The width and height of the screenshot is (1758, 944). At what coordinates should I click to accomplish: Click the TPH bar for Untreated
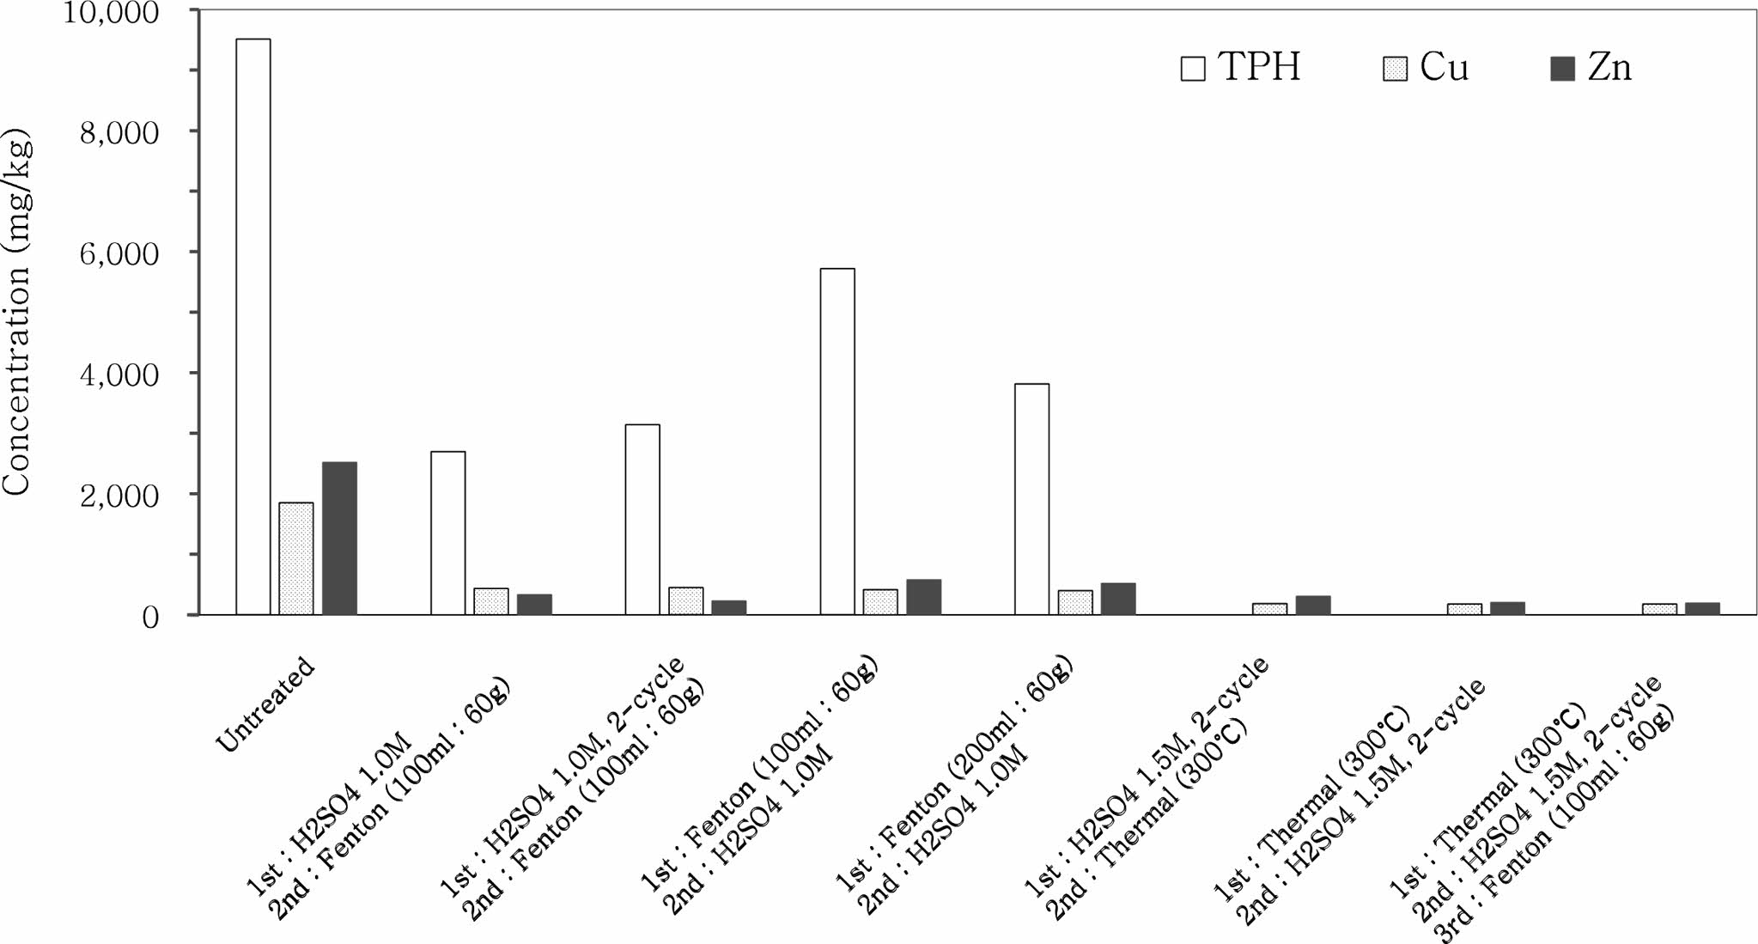click(252, 326)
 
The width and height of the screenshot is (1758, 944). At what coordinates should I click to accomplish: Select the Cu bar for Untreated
click(296, 558)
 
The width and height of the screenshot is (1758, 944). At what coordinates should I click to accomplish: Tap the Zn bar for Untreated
click(339, 538)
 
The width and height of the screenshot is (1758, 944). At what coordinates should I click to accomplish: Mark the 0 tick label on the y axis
click(150, 617)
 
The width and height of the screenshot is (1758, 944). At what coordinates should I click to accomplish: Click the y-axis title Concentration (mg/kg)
click(17, 314)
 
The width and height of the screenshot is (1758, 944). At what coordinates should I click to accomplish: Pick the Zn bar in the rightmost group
click(1702, 608)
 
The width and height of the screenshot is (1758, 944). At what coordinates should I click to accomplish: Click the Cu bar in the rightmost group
click(1659, 609)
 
